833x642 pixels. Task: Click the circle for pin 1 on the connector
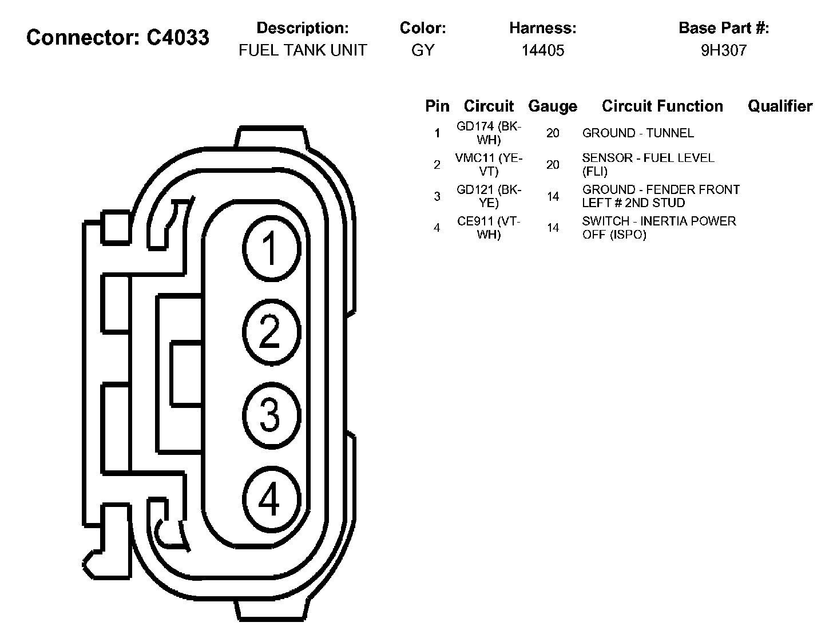[271, 248]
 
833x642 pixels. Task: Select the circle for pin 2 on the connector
[271, 331]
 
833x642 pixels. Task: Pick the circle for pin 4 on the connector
[271, 498]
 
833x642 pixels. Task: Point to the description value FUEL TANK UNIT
[303, 50]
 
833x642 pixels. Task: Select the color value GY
[423, 50]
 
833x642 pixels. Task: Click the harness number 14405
[542, 50]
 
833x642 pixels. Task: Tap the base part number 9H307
[724, 50]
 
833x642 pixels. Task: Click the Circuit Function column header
[663, 106]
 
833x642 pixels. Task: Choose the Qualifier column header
[780, 106]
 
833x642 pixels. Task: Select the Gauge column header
[553, 106]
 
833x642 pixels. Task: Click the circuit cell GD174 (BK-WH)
[489, 133]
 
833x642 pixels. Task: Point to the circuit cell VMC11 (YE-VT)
[489, 164]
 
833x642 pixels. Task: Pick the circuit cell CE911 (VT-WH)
[489, 228]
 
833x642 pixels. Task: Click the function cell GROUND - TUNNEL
[638, 133]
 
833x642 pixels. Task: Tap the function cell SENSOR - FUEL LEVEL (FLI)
[648, 164]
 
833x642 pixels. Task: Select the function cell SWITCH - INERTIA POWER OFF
[659, 228]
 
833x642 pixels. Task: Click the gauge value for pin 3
[553, 197]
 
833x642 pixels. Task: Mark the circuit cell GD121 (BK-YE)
[489, 196]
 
